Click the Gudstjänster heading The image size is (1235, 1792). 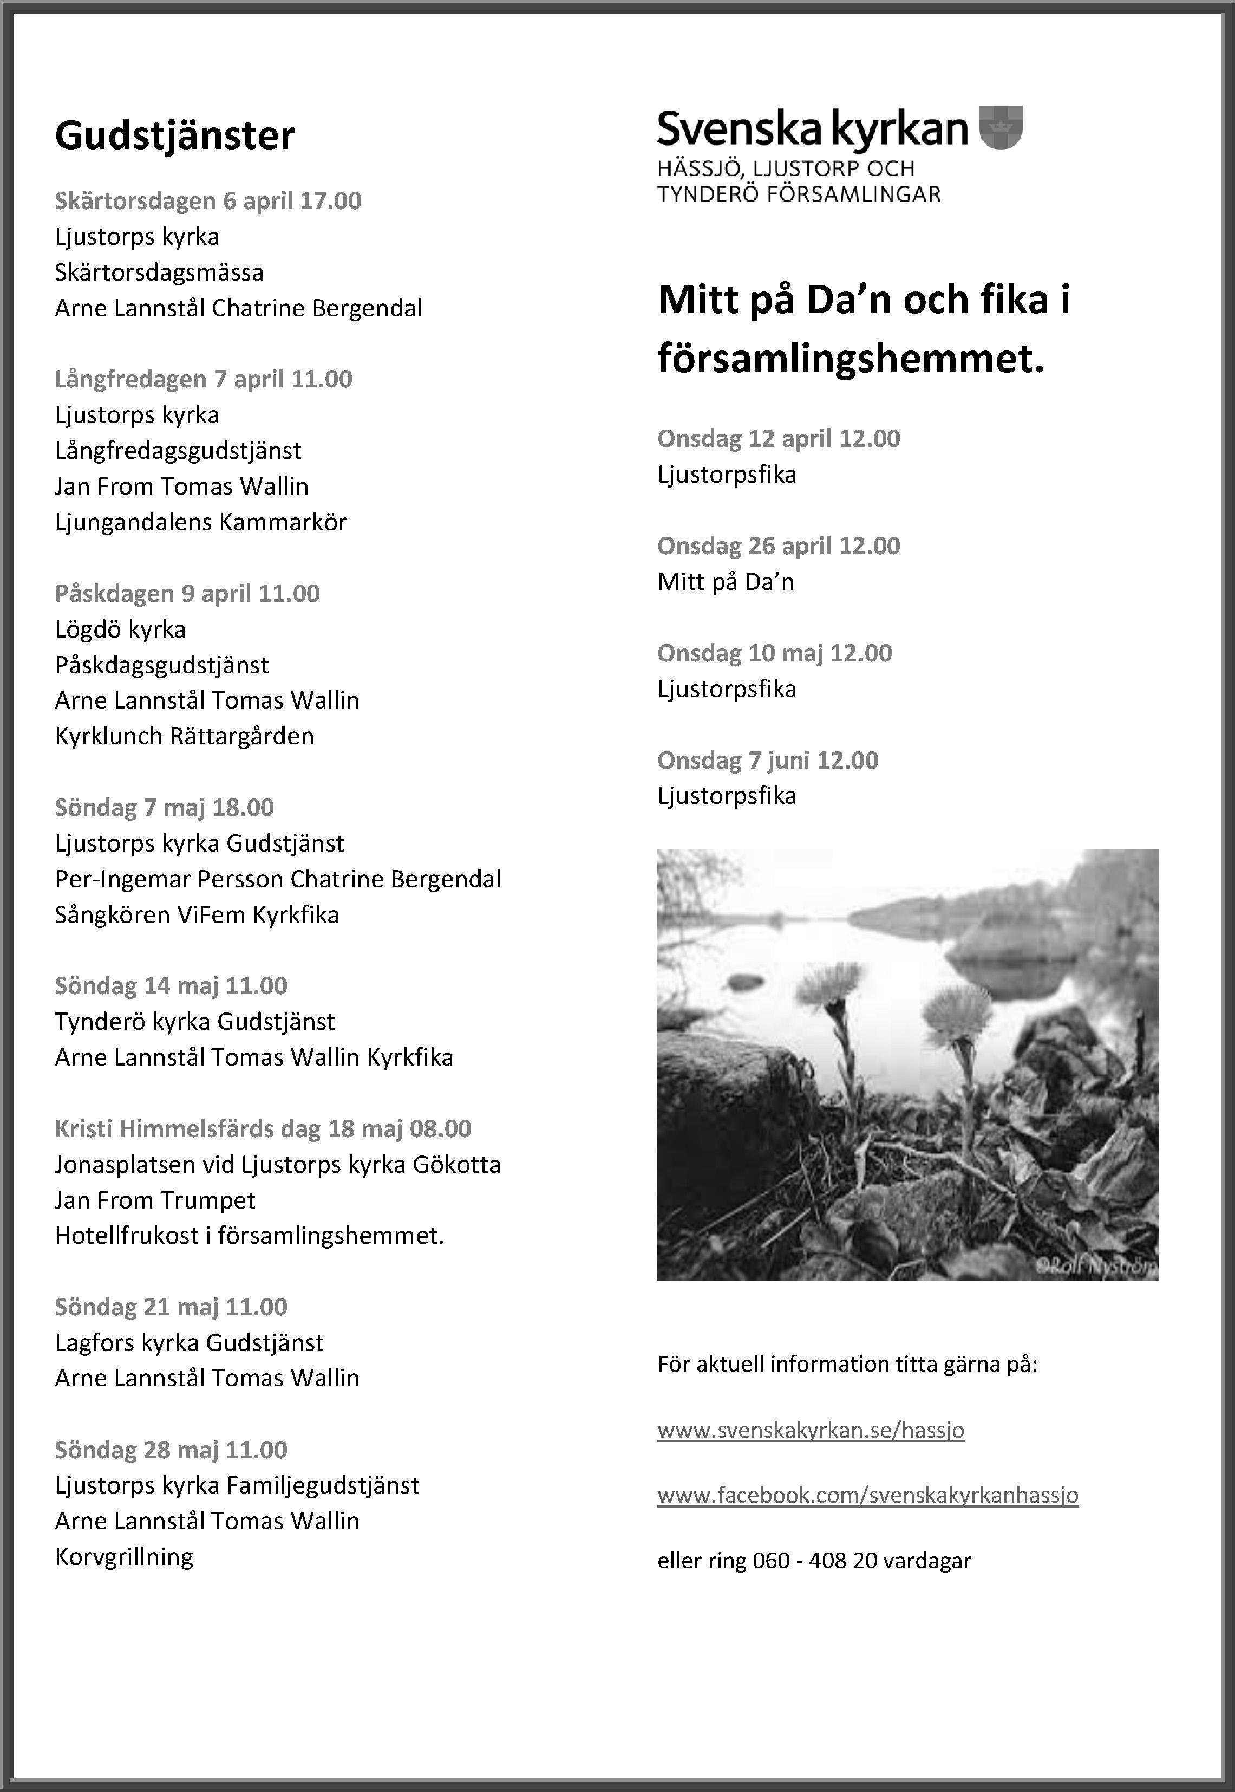175,136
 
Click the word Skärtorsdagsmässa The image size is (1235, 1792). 159,272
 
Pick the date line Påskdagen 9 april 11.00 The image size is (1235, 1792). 187,594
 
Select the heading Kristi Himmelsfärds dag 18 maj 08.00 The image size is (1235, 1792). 262,1128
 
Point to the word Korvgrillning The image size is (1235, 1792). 124,1557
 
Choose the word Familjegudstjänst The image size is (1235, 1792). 323,1485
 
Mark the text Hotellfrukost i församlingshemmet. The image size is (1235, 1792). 249,1236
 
